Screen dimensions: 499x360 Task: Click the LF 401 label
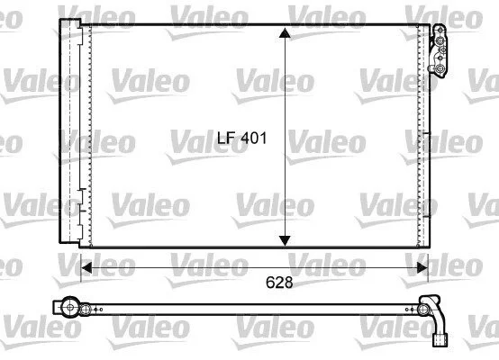click(x=242, y=138)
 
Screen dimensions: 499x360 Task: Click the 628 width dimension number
click(x=279, y=282)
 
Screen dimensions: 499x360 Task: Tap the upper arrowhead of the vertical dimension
click(x=285, y=33)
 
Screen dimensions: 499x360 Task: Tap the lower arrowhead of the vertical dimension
click(x=285, y=240)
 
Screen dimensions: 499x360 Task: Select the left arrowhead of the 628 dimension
click(x=86, y=268)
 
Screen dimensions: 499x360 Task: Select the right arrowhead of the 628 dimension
click(x=422, y=268)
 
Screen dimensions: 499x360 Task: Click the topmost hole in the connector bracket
click(x=440, y=31)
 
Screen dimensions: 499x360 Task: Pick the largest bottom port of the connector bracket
click(x=440, y=68)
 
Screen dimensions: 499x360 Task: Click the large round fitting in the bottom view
click(x=69, y=307)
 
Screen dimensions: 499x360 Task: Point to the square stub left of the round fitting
click(x=57, y=307)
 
